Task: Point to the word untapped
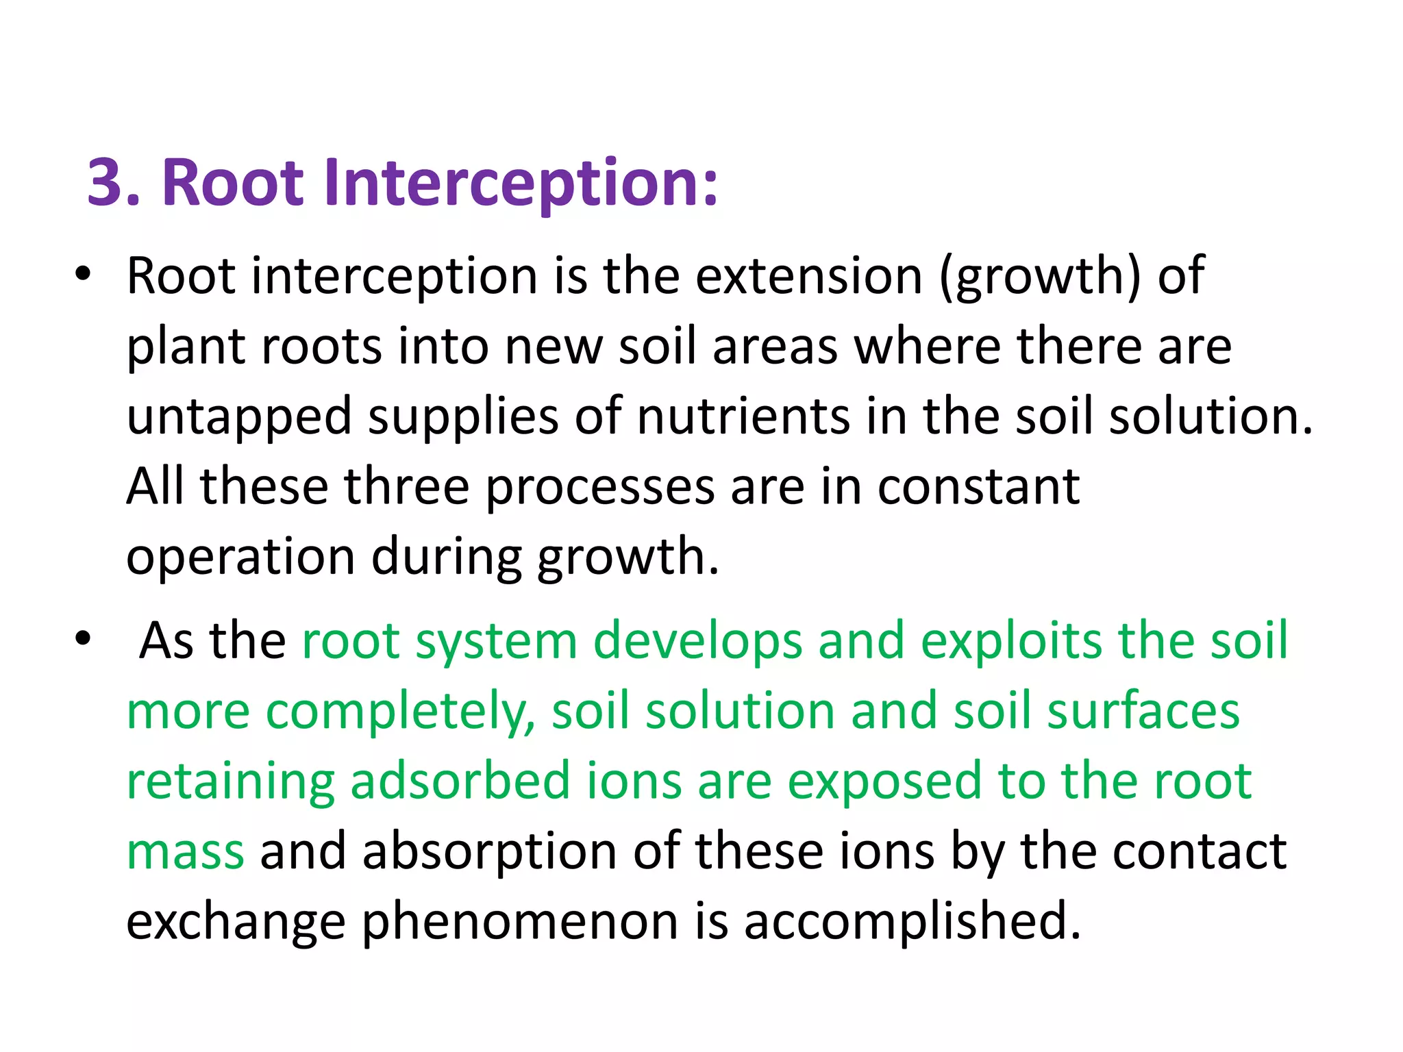[239, 416]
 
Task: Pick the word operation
[240, 556]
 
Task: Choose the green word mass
[185, 851]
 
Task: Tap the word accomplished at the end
[911, 921]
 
